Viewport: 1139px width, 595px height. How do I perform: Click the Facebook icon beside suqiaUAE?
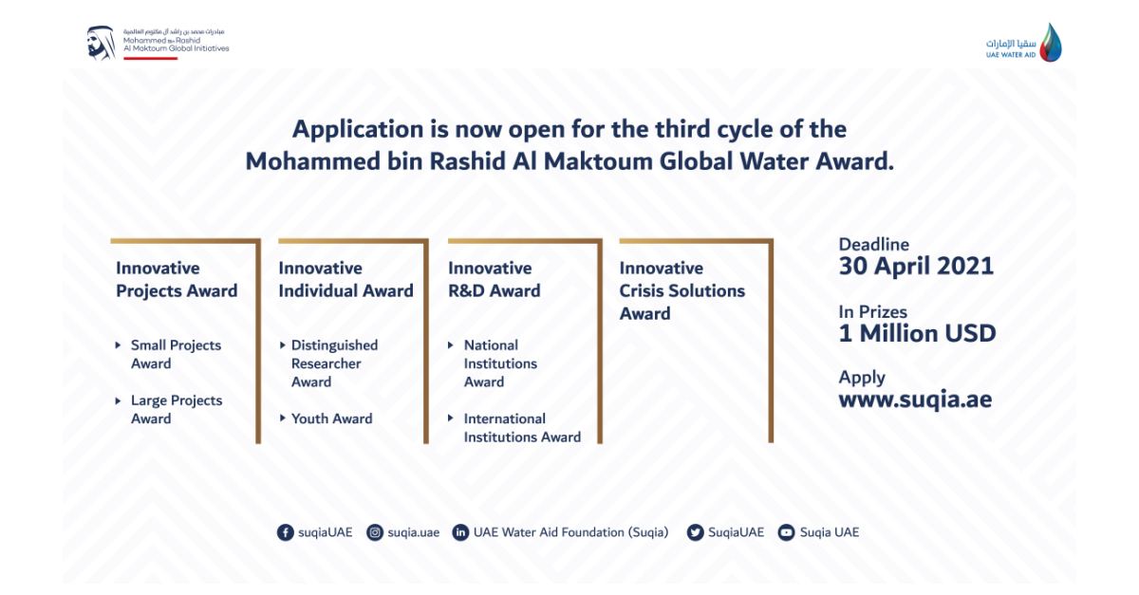click(x=285, y=532)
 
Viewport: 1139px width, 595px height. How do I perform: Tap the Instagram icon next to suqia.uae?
click(x=375, y=532)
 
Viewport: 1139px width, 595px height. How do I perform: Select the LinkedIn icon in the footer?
click(x=461, y=532)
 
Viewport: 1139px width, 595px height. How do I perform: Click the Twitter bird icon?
click(x=696, y=532)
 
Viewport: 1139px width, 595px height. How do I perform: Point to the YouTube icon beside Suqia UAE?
click(x=786, y=532)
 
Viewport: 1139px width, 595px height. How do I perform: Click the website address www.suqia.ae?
click(x=915, y=400)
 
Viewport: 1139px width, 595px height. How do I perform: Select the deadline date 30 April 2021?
click(x=916, y=267)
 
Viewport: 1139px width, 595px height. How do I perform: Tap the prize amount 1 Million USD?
click(x=917, y=333)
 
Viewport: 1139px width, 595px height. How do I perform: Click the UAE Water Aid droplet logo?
click(x=1050, y=43)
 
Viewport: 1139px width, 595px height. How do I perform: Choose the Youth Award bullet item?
click(x=331, y=418)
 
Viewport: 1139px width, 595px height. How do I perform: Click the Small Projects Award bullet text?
click(x=176, y=354)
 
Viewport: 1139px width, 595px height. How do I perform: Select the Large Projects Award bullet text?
click(x=177, y=409)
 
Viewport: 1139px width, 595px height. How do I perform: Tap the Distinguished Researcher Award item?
click(x=334, y=363)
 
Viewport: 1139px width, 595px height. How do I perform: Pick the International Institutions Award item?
click(x=521, y=428)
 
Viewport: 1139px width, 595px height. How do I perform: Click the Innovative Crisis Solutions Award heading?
click(x=682, y=290)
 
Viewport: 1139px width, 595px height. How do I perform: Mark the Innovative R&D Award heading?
click(x=494, y=280)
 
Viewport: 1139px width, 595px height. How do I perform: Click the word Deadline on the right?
click(x=873, y=245)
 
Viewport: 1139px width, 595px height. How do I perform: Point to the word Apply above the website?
click(x=862, y=377)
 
